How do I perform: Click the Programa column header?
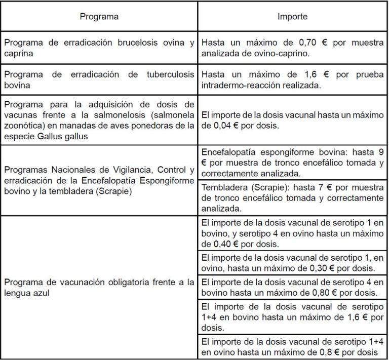coord(99,16)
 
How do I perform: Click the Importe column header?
coord(292,16)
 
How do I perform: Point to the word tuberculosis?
coord(170,74)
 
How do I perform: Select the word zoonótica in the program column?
coord(23,126)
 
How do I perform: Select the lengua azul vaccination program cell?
coord(99,286)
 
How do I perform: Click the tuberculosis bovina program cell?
coord(99,79)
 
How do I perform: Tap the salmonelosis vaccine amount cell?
coord(292,121)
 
